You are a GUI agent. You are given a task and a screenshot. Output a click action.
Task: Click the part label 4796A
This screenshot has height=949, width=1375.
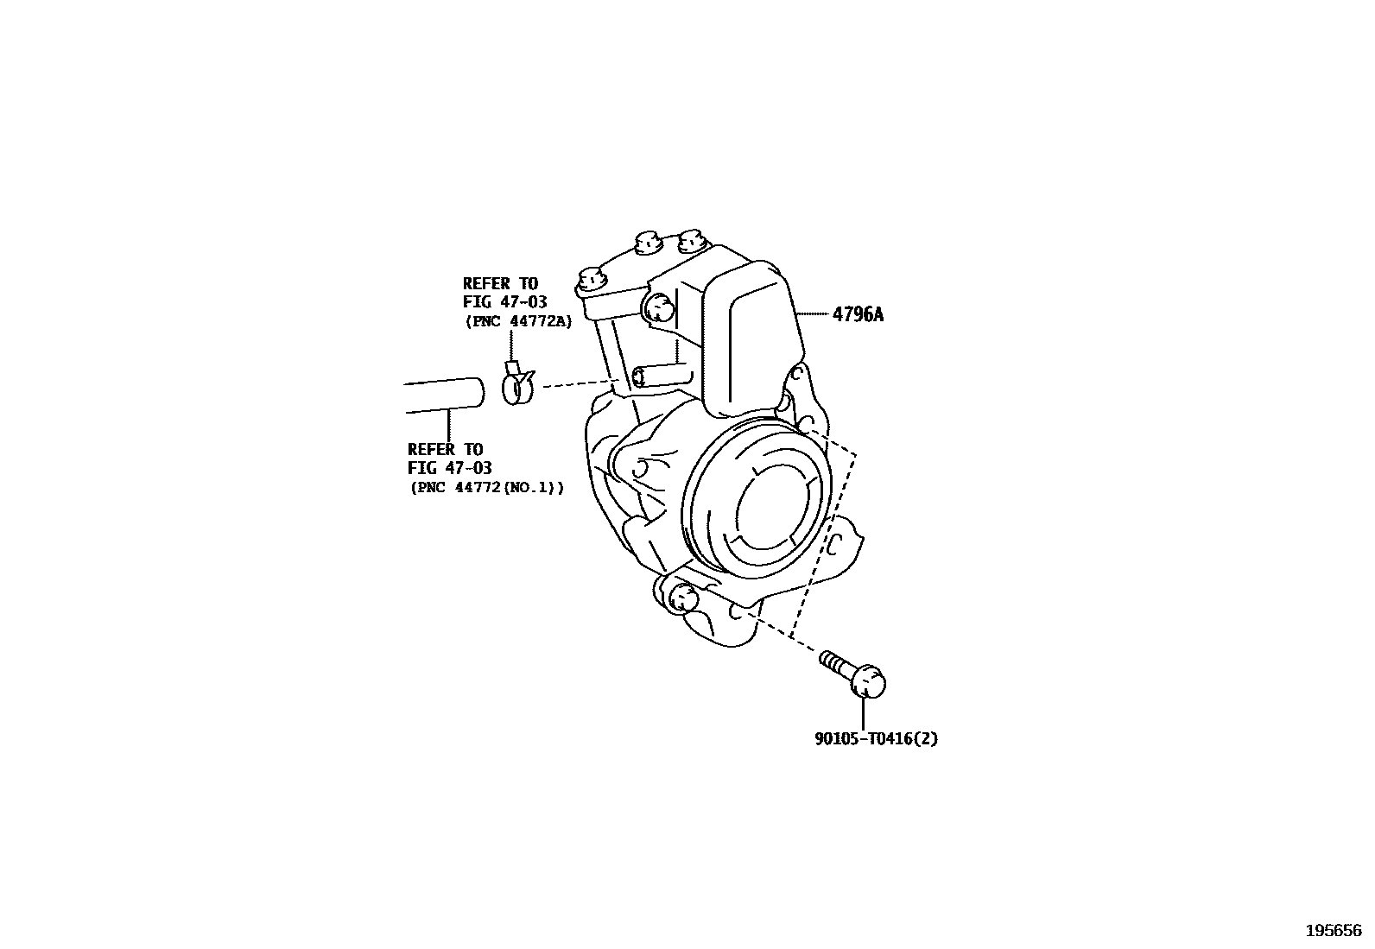858,314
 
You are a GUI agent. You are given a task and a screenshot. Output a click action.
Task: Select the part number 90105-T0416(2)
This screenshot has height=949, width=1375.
876,738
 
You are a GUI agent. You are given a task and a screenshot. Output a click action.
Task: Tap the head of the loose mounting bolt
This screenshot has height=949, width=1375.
867,681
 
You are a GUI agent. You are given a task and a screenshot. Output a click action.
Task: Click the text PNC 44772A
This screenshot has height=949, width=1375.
518,320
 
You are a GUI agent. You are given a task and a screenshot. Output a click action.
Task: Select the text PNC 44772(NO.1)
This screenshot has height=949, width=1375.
486,487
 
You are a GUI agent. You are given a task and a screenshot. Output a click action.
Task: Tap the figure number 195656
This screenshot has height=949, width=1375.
1333,930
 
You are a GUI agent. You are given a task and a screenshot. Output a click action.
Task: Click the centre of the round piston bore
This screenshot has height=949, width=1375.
776,507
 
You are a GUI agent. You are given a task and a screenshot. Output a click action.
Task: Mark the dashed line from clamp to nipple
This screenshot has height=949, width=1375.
579,382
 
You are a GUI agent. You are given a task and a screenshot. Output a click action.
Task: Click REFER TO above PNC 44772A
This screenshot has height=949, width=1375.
499,283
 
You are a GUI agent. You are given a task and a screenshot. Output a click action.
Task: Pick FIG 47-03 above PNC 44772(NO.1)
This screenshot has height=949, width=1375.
449,468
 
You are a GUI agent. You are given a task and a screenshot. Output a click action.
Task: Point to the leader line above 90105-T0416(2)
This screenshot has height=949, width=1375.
864,712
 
